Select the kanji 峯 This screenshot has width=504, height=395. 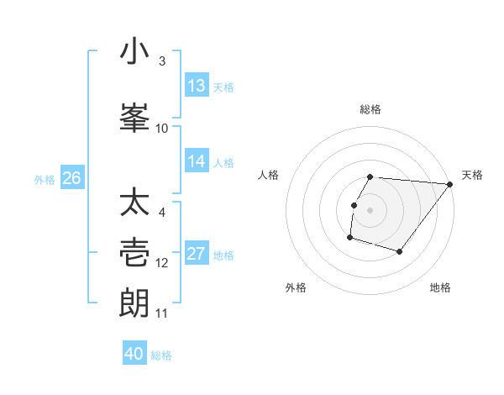click(135, 118)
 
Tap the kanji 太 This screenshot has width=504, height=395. click(135, 203)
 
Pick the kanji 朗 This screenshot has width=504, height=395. click(135, 303)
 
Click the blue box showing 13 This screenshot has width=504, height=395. click(197, 86)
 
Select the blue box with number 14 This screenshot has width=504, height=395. click(197, 161)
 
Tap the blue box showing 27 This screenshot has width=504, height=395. click(197, 255)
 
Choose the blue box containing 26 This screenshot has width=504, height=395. click(71, 178)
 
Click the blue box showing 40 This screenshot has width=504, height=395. click(134, 354)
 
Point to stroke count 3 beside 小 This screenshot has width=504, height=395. click(162, 61)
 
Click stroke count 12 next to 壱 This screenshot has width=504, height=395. click(162, 263)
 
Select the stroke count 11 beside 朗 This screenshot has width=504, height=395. click(162, 313)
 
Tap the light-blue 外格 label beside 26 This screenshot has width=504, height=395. click(45, 179)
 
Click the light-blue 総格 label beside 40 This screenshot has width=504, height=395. click(161, 355)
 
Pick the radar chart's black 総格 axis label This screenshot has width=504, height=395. click(370, 109)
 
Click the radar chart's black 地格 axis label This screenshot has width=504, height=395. click(440, 287)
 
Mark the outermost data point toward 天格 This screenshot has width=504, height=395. click(450, 184)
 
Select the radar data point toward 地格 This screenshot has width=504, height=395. click(400, 251)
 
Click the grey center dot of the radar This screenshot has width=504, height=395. click(370, 209)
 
